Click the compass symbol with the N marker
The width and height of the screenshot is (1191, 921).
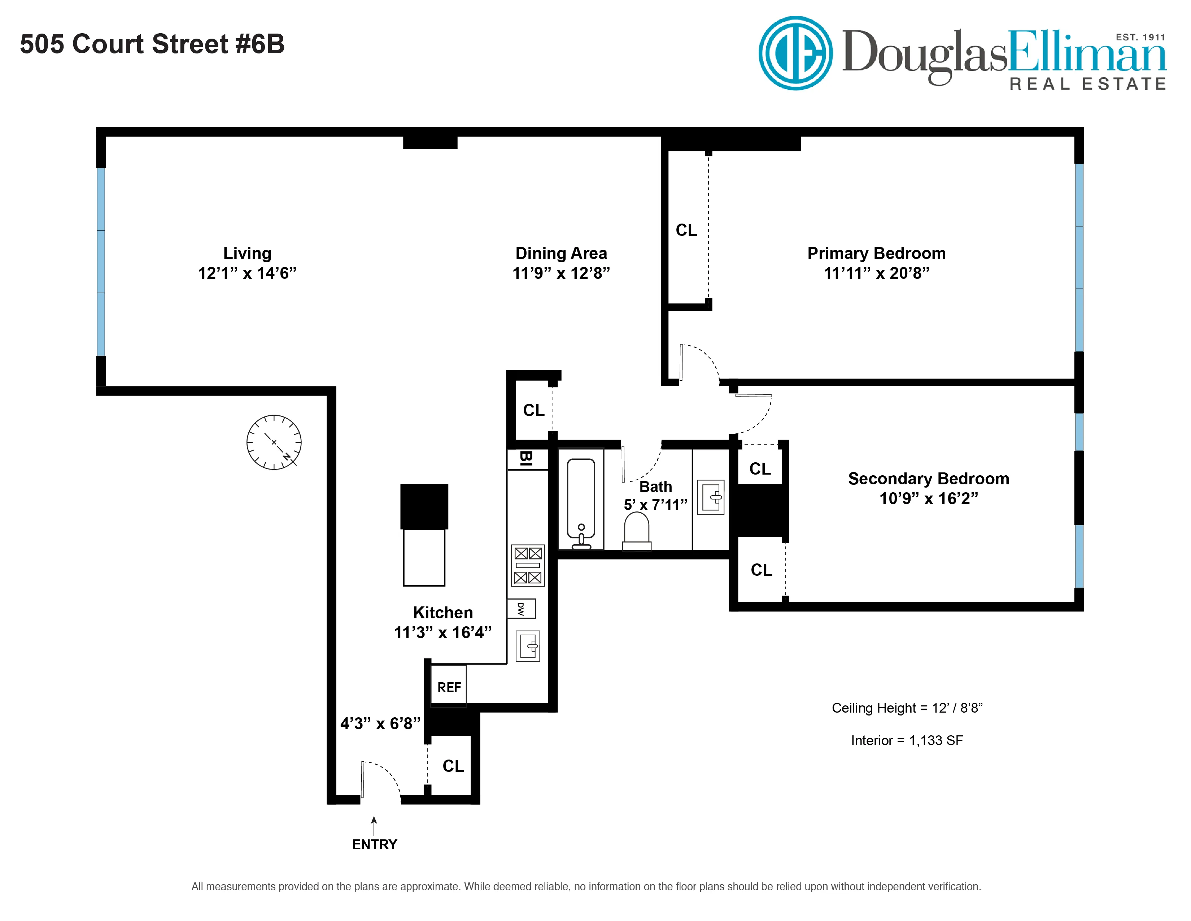(274, 442)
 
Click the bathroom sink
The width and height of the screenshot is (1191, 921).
(711, 497)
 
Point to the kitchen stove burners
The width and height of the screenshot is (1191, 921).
(527, 565)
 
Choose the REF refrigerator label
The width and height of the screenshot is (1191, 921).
(449, 687)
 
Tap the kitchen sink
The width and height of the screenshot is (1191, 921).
(528, 647)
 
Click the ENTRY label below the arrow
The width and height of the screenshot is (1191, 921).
(374, 844)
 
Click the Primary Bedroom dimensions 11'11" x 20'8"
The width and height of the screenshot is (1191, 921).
(876, 273)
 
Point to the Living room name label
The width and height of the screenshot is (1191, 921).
(247, 253)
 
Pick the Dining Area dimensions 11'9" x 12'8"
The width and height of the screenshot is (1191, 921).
(561, 273)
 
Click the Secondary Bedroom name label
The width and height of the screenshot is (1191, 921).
(928, 479)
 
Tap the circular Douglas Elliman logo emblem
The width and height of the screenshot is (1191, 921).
(796, 53)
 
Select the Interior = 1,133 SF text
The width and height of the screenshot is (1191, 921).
(907, 740)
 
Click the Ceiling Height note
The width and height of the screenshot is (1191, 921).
(907, 708)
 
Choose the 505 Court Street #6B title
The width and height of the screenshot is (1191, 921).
(152, 44)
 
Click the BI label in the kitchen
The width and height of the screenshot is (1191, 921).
(526, 458)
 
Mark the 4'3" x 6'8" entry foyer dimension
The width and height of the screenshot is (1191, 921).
(380, 723)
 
